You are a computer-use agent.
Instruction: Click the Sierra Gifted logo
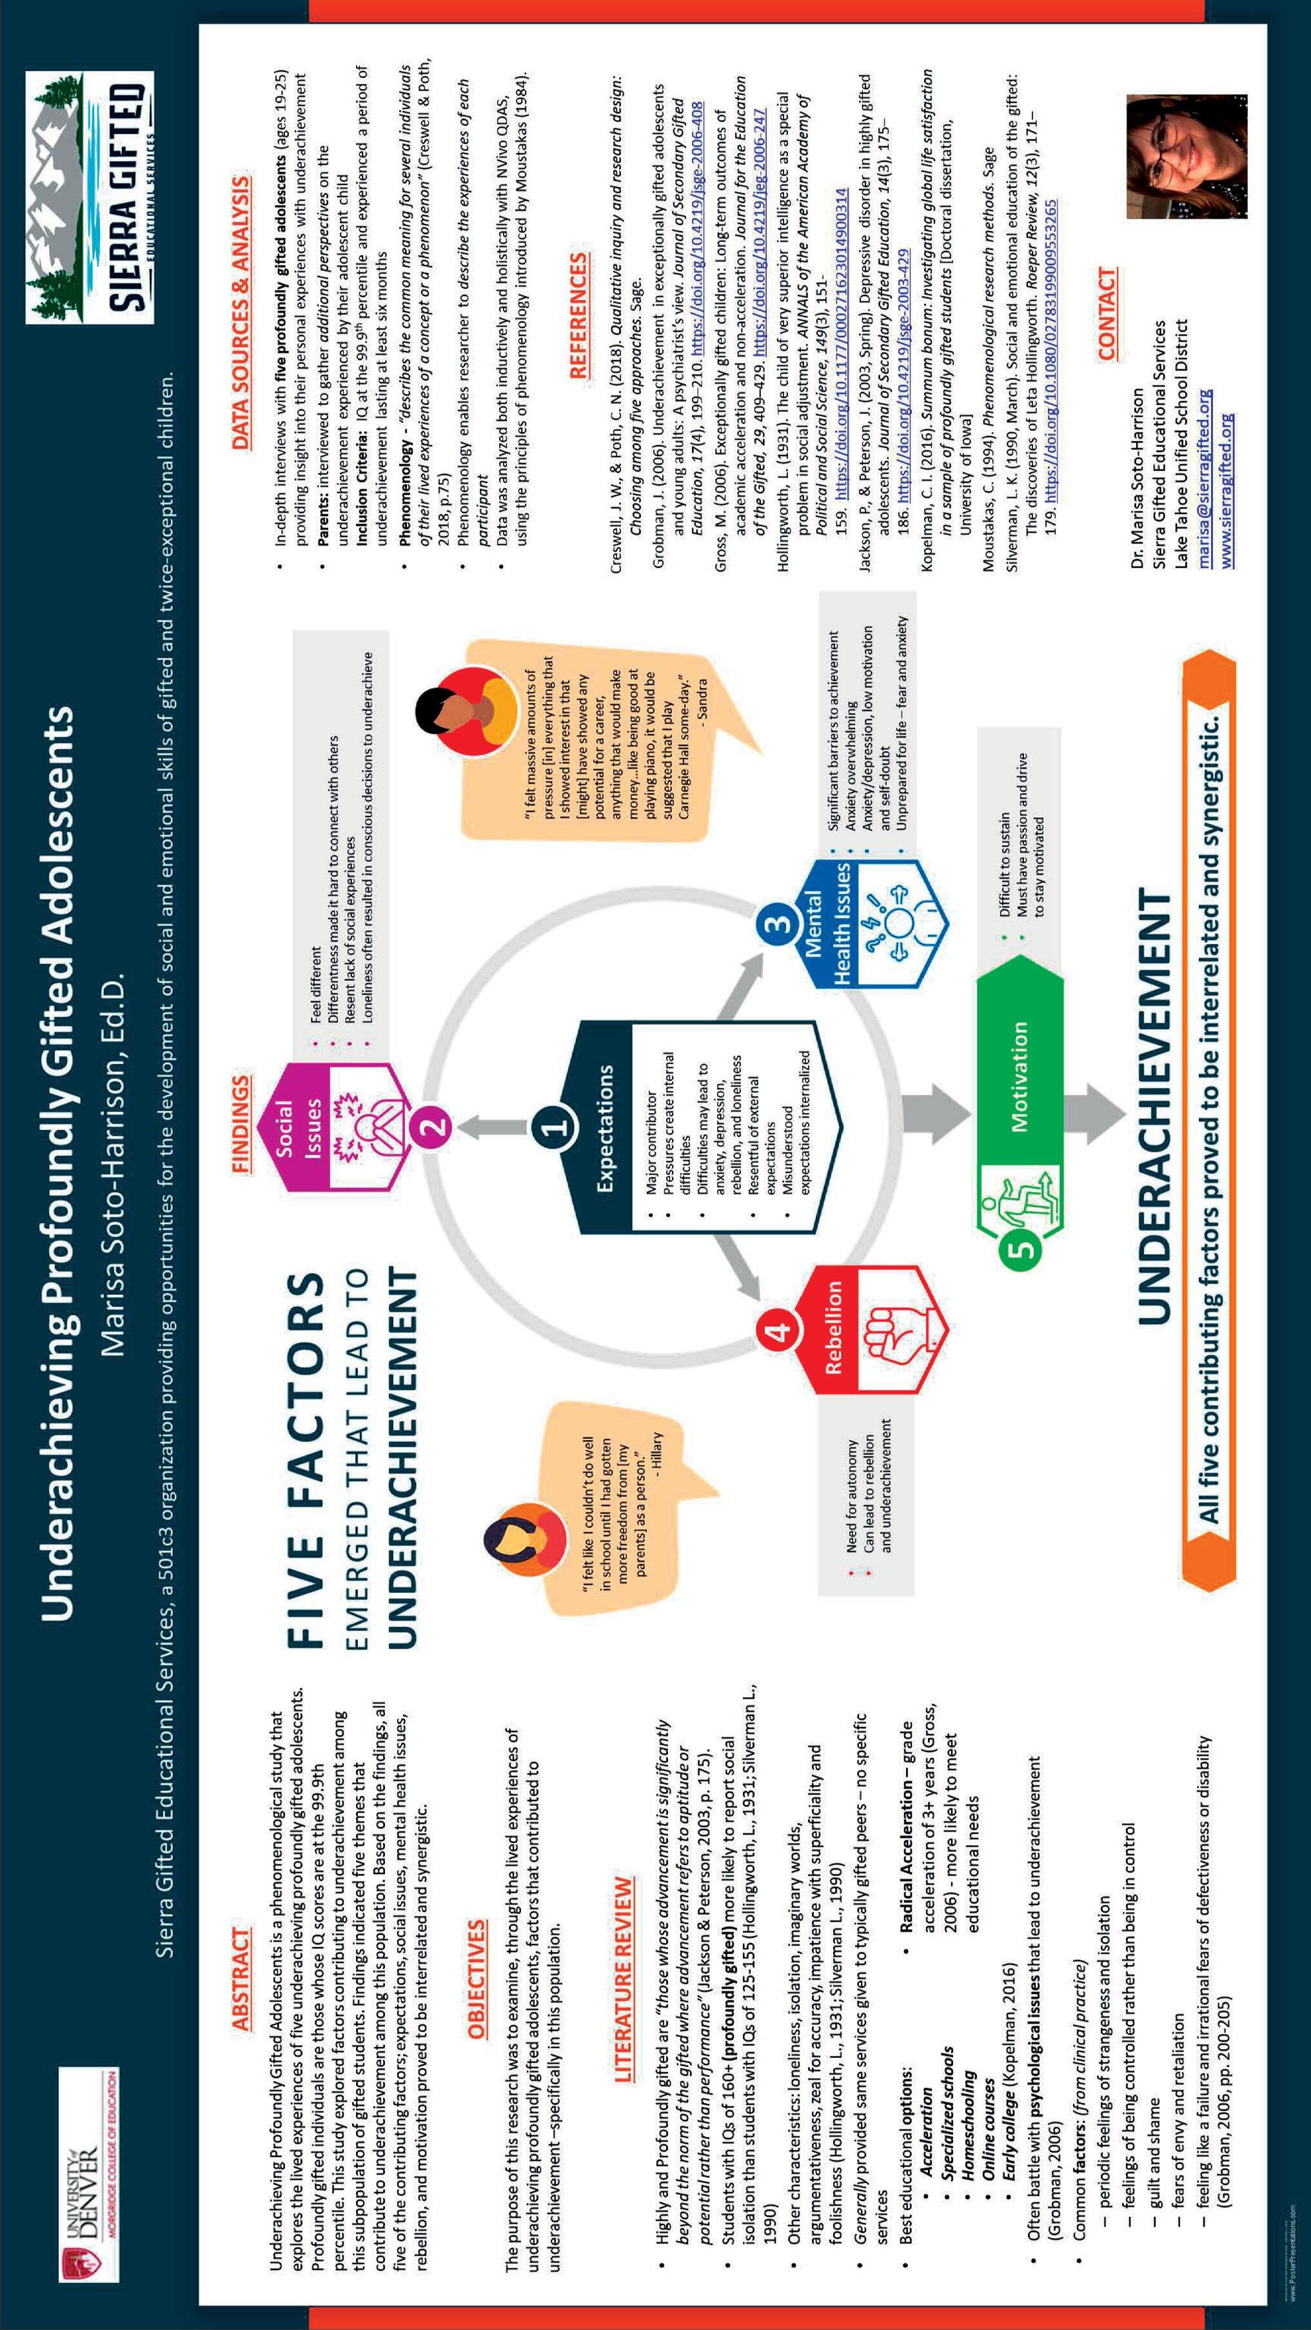click(x=90, y=198)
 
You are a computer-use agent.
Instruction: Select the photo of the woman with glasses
click(x=1168, y=155)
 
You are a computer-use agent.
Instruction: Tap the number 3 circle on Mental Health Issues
click(x=780, y=923)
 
